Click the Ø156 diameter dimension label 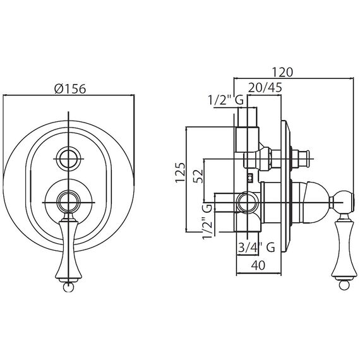tap(70, 88)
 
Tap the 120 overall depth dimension tap(282, 73)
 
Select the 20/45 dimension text tap(265, 88)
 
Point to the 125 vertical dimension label tap(180, 172)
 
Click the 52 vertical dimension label tap(198, 176)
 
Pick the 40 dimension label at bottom tap(258, 265)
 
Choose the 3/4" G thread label tap(256, 248)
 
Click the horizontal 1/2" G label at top tap(225, 100)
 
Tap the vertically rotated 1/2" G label tap(207, 221)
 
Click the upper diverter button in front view tap(69, 159)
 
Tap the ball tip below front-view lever tap(68, 287)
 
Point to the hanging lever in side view tap(344, 249)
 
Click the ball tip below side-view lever tap(344, 286)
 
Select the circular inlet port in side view tap(248, 203)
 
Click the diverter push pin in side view tap(302, 159)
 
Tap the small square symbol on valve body tap(250, 177)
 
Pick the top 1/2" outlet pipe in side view tap(248, 117)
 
